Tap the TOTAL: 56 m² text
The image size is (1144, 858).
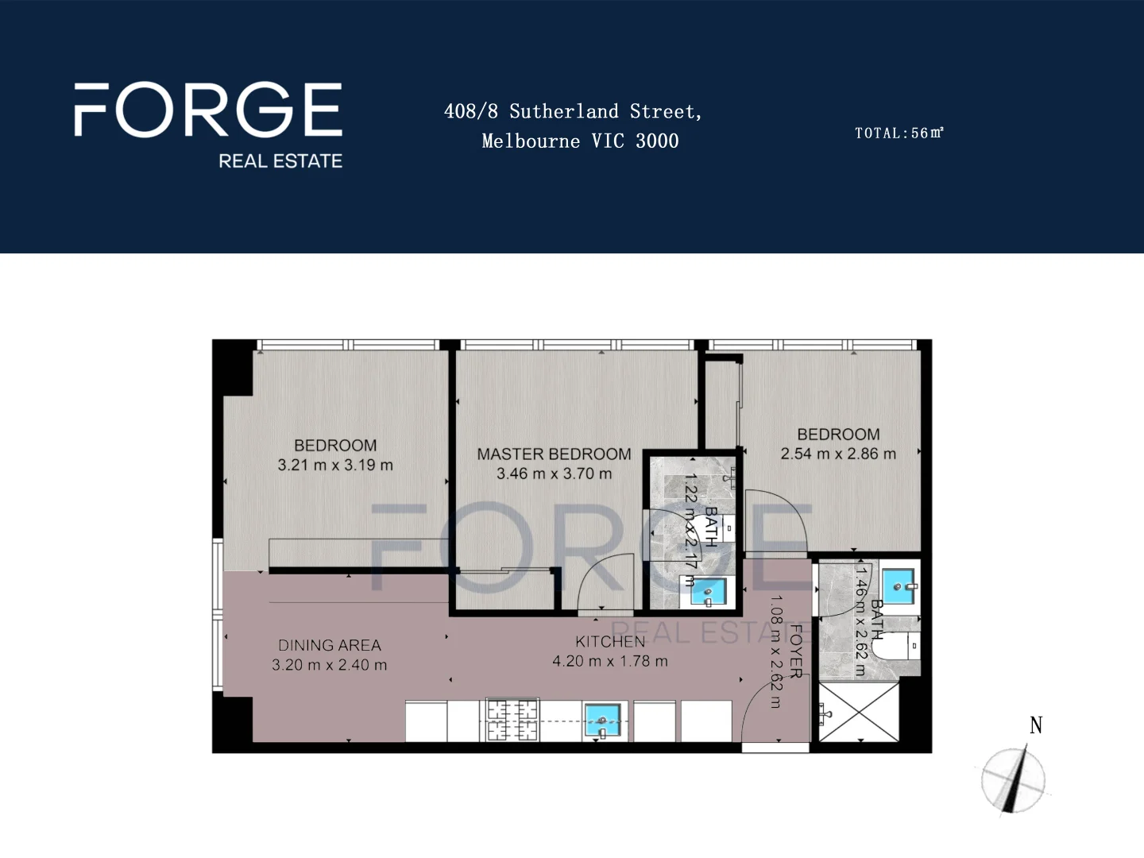899,133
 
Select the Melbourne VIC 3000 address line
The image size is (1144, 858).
580,141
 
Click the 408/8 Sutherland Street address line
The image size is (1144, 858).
573,111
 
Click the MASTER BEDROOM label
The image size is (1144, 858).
554,454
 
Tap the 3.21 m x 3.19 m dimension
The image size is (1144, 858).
335,466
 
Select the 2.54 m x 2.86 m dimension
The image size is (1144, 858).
838,454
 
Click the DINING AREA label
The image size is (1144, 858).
330,645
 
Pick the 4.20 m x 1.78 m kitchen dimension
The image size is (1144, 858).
610,661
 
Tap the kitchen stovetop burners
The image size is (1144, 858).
512,720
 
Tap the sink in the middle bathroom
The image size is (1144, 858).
707,592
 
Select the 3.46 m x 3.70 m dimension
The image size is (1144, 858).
554,474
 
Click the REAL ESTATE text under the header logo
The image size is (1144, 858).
280,161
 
